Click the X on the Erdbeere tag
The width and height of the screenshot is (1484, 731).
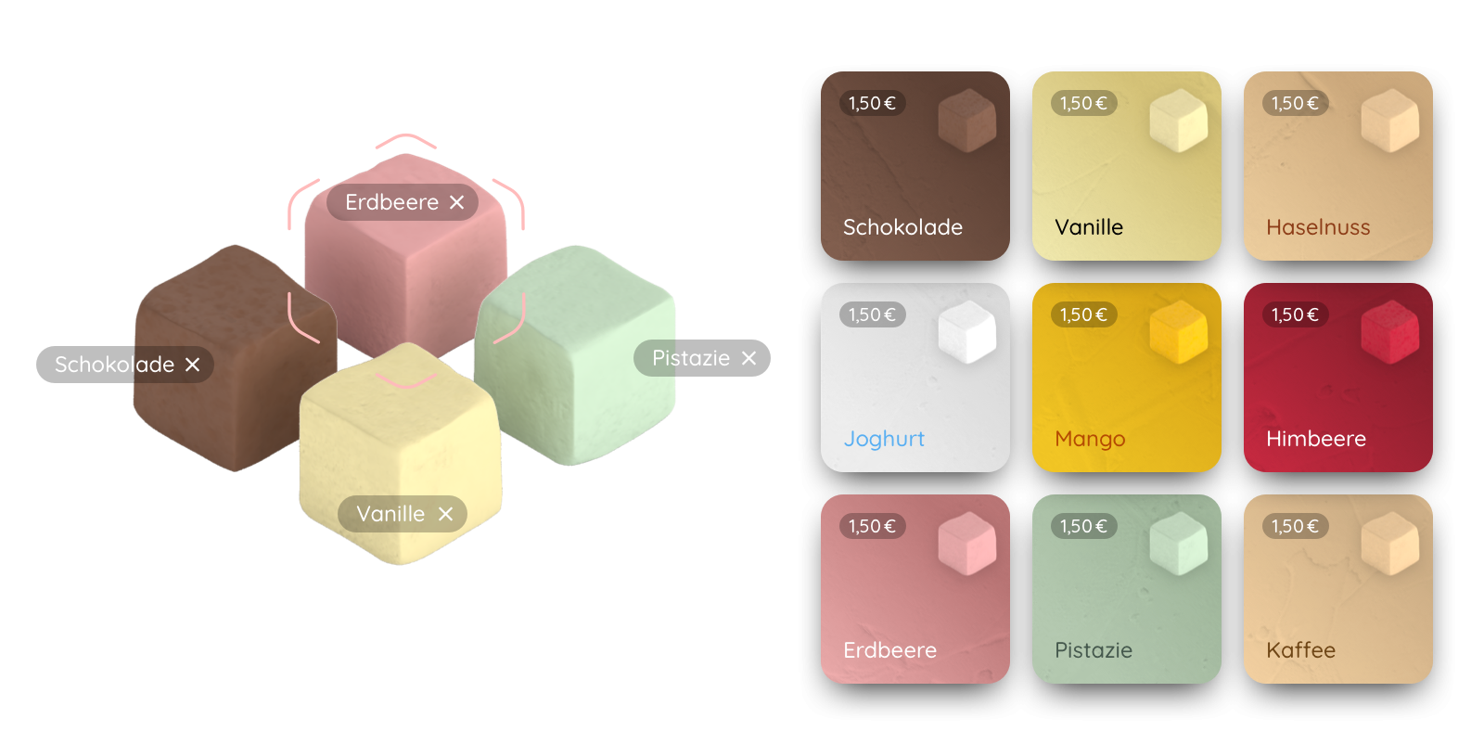click(x=456, y=202)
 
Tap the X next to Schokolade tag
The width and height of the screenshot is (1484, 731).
click(x=192, y=365)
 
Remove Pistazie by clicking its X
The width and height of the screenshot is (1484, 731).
click(x=748, y=358)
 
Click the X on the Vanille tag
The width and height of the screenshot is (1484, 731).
click(x=445, y=514)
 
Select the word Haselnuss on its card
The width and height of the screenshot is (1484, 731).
click(x=1318, y=227)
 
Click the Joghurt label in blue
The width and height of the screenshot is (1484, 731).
click(x=884, y=439)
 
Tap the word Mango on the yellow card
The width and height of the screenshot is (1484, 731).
click(x=1090, y=439)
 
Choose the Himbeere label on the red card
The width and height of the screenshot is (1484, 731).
click(x=1316, y=439)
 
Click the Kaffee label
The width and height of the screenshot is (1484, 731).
click(x=1300, y=650)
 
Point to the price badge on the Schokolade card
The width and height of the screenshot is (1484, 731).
click(x=872, y=103)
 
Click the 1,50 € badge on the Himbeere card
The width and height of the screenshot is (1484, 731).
click(x=1295, y=314)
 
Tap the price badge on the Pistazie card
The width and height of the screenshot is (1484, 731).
click(x=1084, y=526)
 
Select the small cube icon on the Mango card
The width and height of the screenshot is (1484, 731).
click(x=1179, y=332)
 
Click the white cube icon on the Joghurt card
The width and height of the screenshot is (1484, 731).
click(x=967, y=332)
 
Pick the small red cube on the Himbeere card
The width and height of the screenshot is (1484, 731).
click(x=1390, y=332)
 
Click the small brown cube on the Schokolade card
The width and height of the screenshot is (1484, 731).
click(x=967, y=121)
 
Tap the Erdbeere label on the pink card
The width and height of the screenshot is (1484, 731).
click(x=889, y=650)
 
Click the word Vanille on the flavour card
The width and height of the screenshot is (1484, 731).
click(x=1089, y=227)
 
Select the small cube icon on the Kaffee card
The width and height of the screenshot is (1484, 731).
click(x=1390, y=544)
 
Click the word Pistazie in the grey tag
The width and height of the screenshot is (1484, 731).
click(x=690, y=358)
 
